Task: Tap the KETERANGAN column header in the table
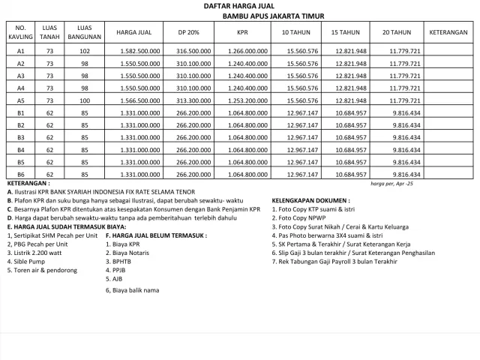pyautogui.click(x=449, y=33)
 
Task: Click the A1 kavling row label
pyautogui.click(x=21, y=51)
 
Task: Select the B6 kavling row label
pyautogui.click(x=21, y=175)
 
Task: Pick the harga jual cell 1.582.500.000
pyautogui.click(x=137, y=51)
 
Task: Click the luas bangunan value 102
pyautogui.click(x=85, y=51)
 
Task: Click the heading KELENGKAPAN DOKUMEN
pyautogui.click(x=310, y=201)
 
